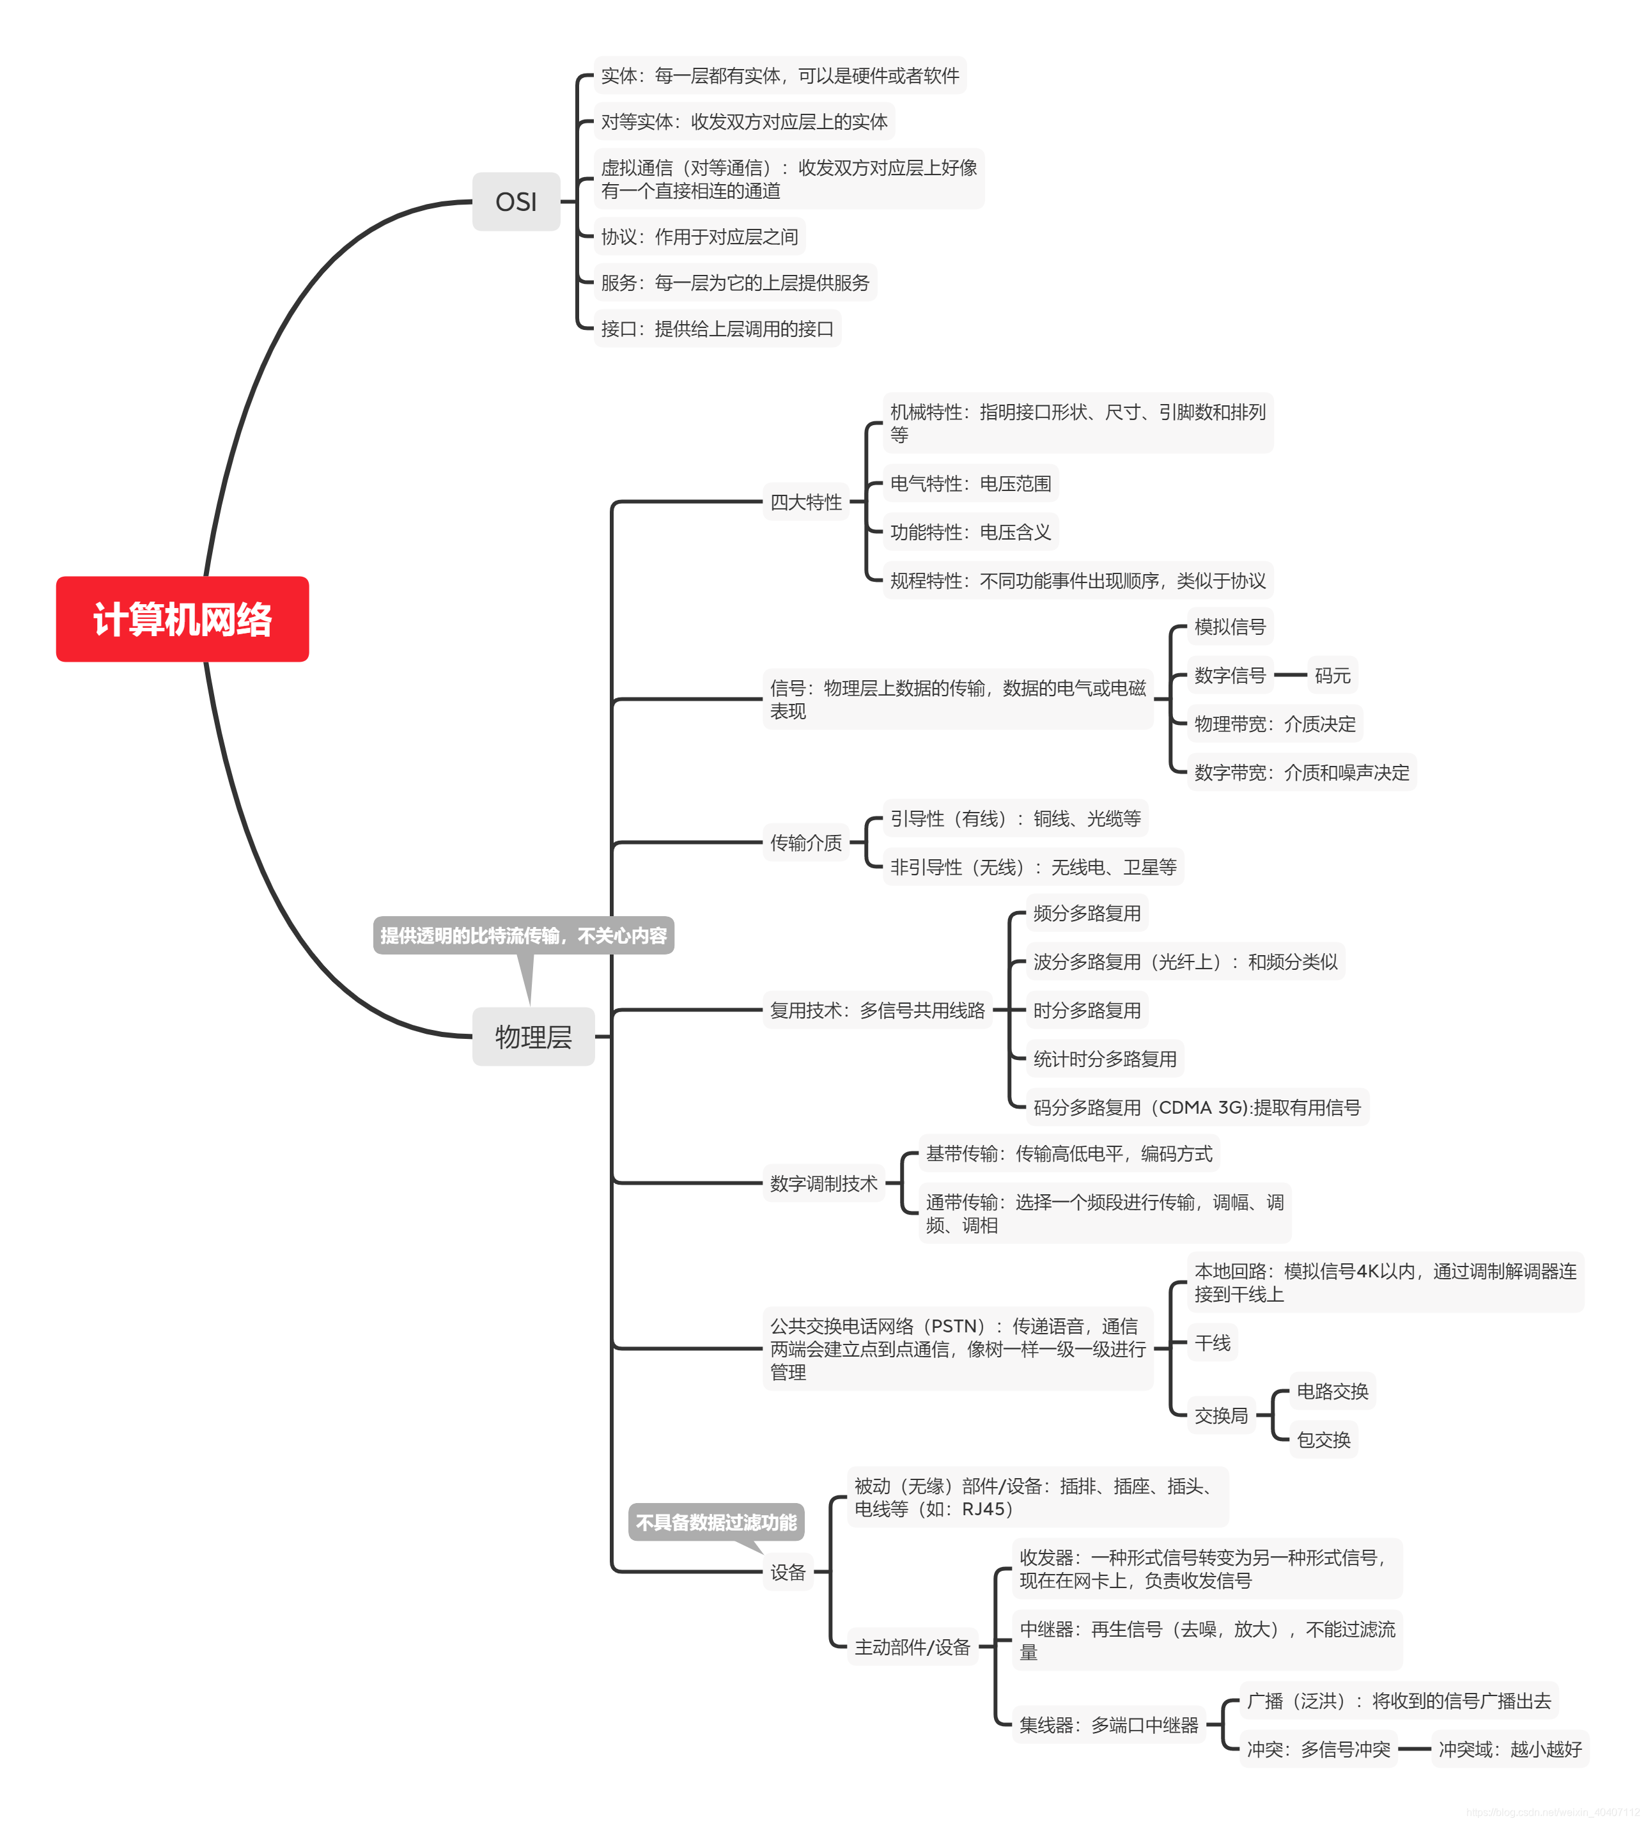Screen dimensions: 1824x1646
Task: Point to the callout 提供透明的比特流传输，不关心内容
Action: click(x=523, y=935)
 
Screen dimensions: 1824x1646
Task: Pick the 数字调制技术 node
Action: click(x=823, y=1183)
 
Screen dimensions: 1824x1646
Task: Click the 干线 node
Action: click(x=1212, y=1342)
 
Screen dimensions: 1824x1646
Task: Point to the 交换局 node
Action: click(x=1220, y=1415)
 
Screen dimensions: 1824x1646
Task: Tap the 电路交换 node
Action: click(x=1332, y=1391)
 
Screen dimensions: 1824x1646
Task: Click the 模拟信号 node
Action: click(x=1229, y=626)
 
